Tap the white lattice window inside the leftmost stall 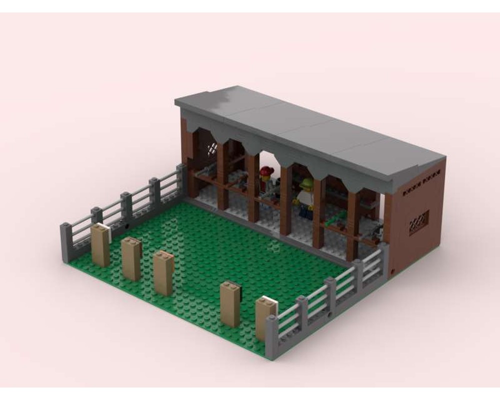(x=212, y=148)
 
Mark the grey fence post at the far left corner (x=66, y=243)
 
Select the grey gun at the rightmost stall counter (x=375, y=231)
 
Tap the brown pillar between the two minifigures (x=285, y=200)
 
